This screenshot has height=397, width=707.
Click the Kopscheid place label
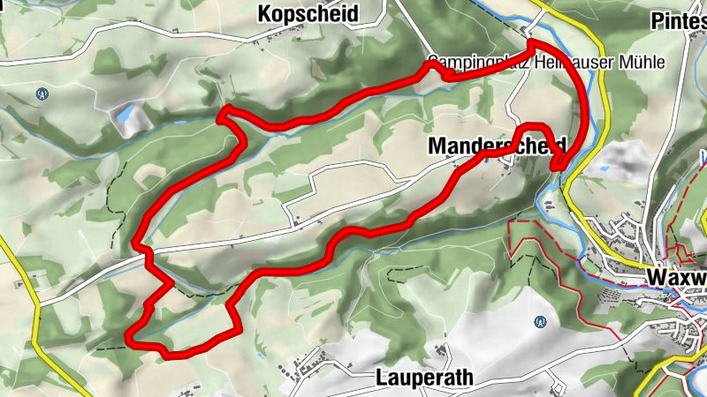click(x=308, y=15)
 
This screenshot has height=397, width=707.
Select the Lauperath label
click(x=424, y=378)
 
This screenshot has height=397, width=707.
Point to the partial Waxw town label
click(x=676, y=278)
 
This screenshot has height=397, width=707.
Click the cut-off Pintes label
click(x=678, y=19)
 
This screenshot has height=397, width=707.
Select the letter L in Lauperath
click(x=379, y=378)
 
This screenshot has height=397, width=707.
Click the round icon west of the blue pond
click(x=41, y=93)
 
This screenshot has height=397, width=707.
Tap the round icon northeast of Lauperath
click(x=539, y=323)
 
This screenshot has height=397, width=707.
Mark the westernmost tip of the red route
click(x=129, y=336)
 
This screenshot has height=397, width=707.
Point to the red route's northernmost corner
click(x=532, y=41)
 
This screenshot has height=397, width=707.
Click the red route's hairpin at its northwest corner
click(x=223, y=111)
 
